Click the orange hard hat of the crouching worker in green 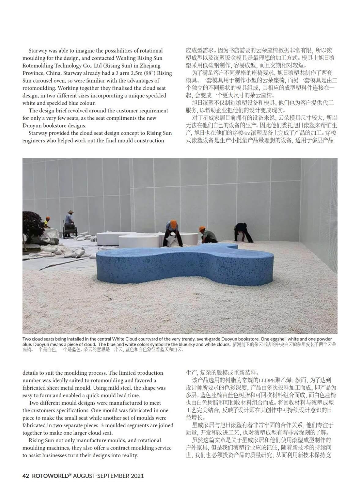(x=202, y=229)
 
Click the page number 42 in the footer (x=26, y=476)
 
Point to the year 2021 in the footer (x=137, y=476)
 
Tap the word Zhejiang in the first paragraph (x=148, y=65)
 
